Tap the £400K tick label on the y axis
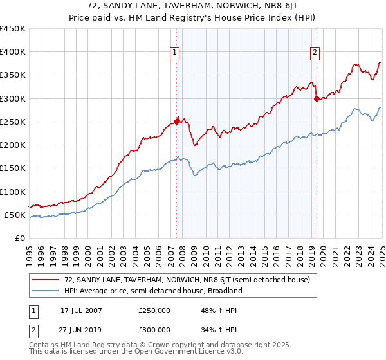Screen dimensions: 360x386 12,52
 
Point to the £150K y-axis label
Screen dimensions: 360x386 12,168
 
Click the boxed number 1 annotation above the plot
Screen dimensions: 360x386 175,53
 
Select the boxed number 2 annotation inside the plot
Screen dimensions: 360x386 315,53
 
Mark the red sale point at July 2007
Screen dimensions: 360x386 176,122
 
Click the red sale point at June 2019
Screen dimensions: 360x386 317,98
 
